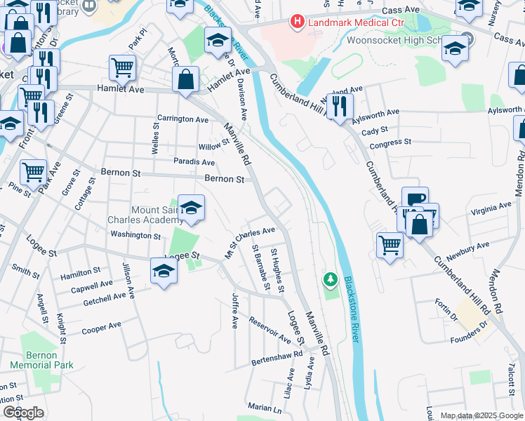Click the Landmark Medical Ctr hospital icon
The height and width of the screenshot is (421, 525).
(x=297, y=22)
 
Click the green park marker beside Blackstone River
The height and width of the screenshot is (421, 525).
(x=330, y=280)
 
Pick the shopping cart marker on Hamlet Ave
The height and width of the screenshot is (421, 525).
(x=122, y=69)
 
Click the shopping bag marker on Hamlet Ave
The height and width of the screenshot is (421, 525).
(x=186, y=79)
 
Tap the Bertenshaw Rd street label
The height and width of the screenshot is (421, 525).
(x=277, y=359)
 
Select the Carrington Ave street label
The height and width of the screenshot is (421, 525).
(x=183, y=119)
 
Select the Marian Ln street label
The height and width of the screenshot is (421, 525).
(x=264, y=408)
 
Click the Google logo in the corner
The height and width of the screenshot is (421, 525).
(x=24, y=412)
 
